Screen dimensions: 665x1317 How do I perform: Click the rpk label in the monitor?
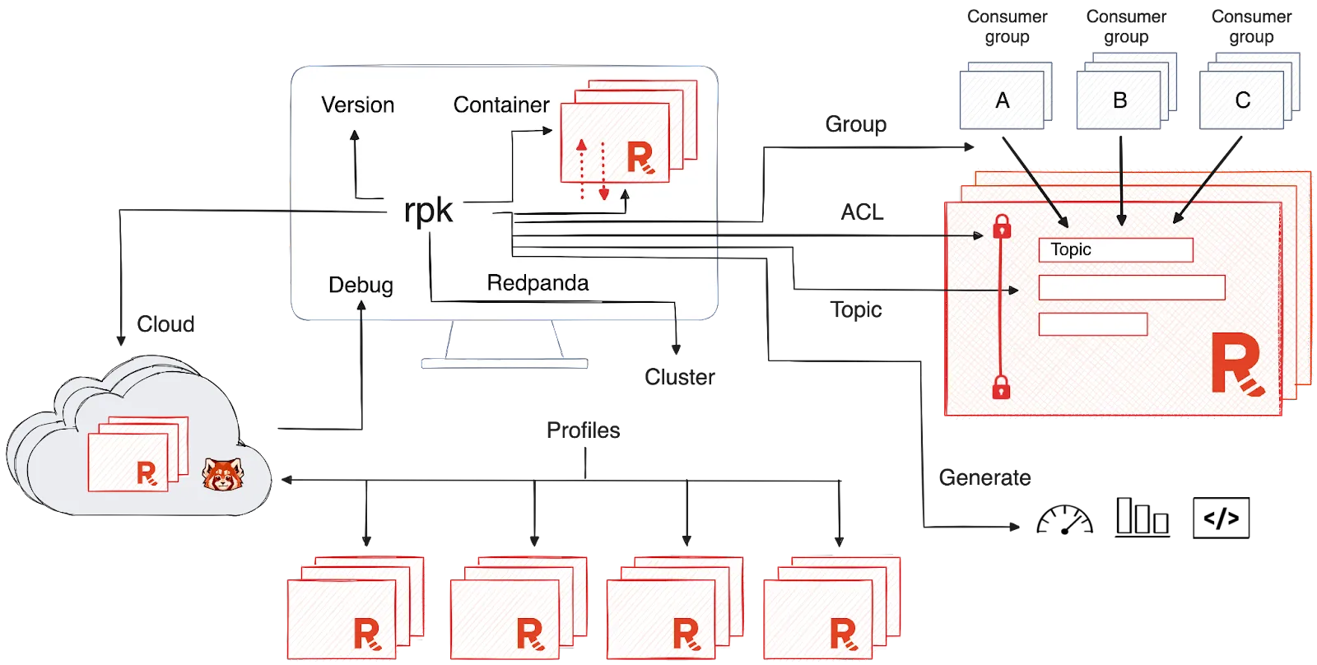[x=428, y=211]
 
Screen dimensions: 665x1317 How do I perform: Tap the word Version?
[x=357, y=105]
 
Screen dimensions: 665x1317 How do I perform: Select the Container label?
[x=500, y=105]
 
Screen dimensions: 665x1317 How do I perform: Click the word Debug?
[x=361, y=285]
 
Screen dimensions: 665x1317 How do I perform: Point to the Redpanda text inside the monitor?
[x=538, y=283]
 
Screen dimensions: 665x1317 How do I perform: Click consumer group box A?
[x=1002, y=100]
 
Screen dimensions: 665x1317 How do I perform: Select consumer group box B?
[x=1119, y=100]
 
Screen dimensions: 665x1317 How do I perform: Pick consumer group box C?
[x=1242, y=100]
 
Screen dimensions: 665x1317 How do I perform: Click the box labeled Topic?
[x=1115, y=249]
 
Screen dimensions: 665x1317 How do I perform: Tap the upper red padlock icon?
[x=1002, y=226]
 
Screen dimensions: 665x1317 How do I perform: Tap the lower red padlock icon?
[x=1001, y=386]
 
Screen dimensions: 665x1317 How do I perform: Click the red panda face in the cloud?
[x=223, y=475]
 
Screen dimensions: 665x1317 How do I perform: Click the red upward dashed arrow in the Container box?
[x=581, y=169]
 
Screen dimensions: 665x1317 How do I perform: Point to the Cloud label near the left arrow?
[x=167, y=323]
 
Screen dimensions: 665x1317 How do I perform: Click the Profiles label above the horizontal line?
[x=584, y=430]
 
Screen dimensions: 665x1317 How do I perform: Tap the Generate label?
[x=984, y=478]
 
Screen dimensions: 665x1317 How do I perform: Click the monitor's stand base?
[x=504, y=363]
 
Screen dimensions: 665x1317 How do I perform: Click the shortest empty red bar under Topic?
[x=1092, y=324]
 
